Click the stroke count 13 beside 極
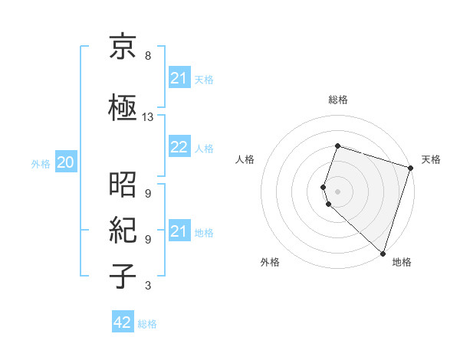[148, 117]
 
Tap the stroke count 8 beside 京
[148, 56]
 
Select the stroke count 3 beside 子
[148, 286]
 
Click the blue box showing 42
[123, 322]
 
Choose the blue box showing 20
[66, 162]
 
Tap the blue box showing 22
[179, 148]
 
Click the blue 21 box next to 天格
[179, 78]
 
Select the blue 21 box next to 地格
[179, 231]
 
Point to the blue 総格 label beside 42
[147, 324]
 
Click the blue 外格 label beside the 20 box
[41, 163]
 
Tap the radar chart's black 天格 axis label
[431, 159]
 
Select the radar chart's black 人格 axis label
[245, 159]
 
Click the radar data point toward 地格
[383, 253]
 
